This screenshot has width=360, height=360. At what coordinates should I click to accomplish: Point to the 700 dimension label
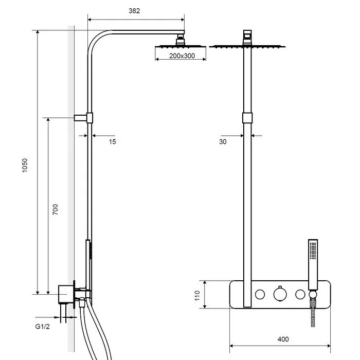[56, 210]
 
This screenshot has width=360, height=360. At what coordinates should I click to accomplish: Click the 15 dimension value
[113, 141]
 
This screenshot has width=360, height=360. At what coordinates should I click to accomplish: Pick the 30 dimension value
[222, 141]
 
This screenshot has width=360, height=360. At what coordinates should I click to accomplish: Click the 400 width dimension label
[283, 339]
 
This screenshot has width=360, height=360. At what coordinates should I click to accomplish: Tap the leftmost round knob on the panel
[261, 294]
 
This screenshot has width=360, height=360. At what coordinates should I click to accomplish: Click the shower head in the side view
[181, 46]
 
